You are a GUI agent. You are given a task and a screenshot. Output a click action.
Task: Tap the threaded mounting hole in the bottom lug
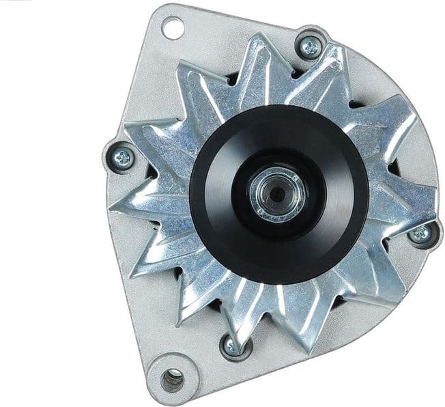coord(172,377)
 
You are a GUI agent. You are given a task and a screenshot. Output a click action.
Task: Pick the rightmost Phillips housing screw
coord(421,234)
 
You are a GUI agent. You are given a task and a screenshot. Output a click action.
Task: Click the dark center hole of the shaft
coord(277,193)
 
